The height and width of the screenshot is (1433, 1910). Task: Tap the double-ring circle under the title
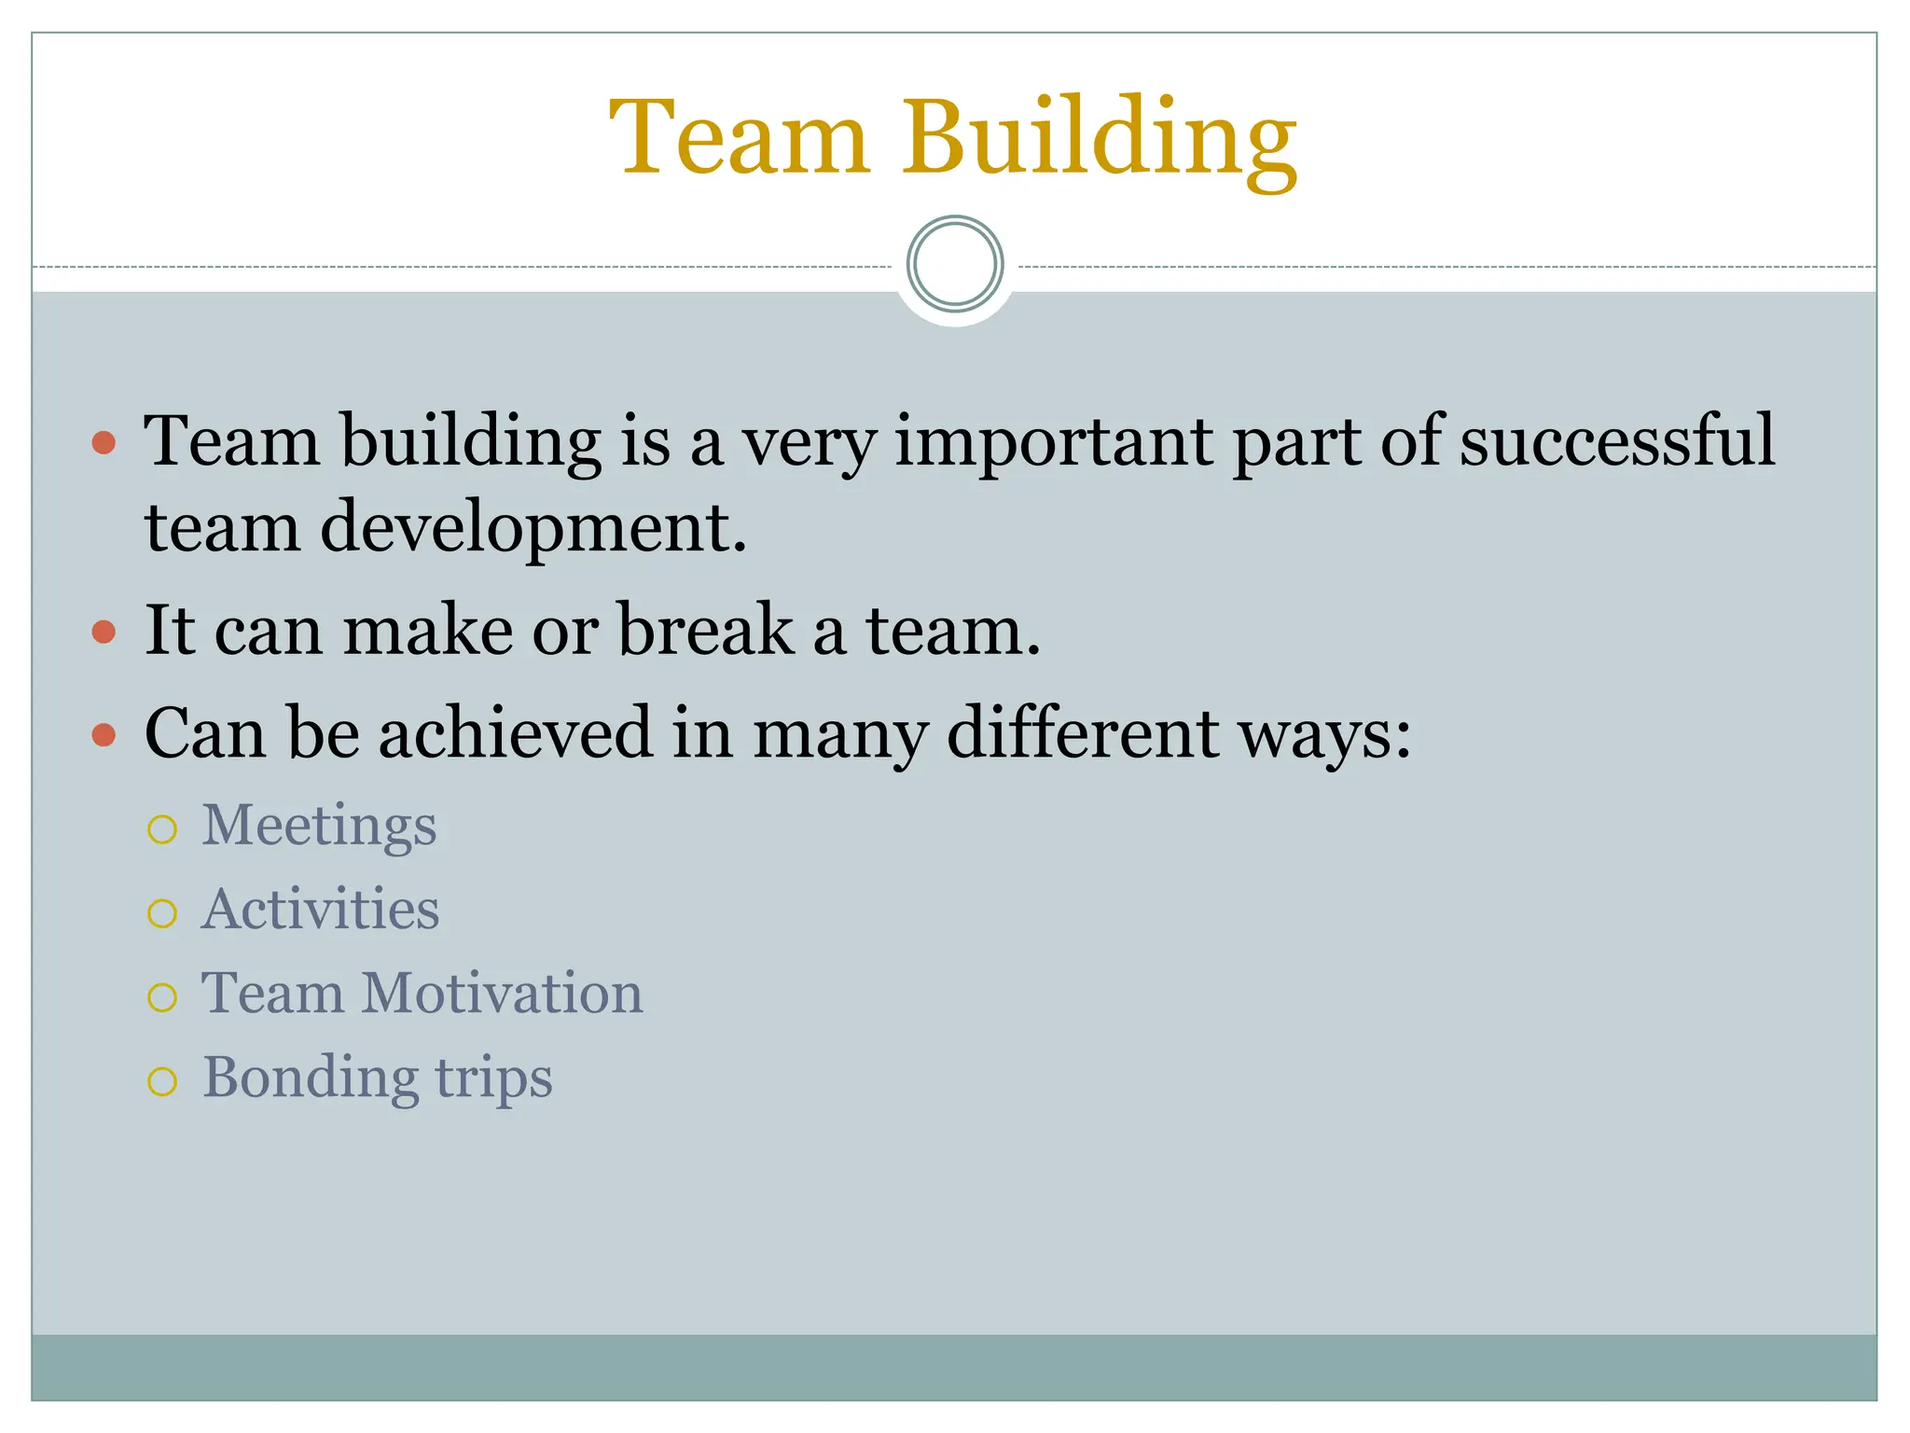955,264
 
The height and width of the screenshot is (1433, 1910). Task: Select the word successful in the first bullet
1617,440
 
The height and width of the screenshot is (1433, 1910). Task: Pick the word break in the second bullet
706,630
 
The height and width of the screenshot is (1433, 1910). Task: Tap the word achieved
516,732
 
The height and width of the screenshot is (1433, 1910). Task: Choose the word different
1084,732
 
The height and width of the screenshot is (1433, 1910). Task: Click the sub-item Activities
320,910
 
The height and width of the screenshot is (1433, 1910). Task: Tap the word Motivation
502,993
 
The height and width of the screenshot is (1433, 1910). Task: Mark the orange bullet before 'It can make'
104,633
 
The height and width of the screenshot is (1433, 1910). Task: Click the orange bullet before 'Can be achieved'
104,735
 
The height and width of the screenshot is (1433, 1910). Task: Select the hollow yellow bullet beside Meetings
162,829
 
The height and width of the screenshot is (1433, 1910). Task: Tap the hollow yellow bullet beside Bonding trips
162,1081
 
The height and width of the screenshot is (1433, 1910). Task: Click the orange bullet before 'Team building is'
104,441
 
